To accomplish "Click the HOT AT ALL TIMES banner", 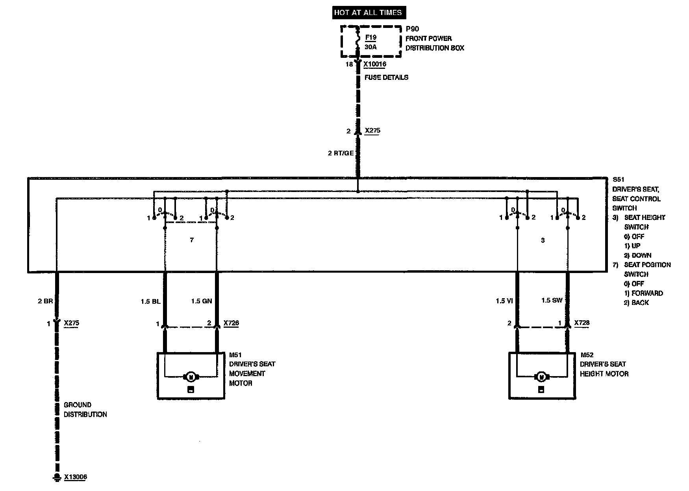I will click(x=368, y=13).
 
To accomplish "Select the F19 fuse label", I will click(x=370, y=38).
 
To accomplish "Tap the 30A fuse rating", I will click(x=370, y=47).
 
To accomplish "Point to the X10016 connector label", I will click(x=374, y=64).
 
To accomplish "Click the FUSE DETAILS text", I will click(x=386, y=78).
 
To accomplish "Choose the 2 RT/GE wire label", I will click(x=341, y=153).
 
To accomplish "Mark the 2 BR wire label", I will click(x=45, y=301).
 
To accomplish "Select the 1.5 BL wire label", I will click(x=150, y=301).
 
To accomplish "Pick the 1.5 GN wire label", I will click(x=202, y=301).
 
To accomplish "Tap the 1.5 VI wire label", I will click(x=504, y=301).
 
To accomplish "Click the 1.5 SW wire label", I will click(x=552, y=301).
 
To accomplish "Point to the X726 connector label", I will click(x=231, y=323).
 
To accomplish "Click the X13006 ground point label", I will click(x=75, y=477).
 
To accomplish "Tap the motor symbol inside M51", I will click(x=191, y=377).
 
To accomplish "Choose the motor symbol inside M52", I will click(x=542, y=377).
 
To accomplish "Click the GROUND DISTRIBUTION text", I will click(x=85, y=410).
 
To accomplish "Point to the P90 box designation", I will click(x=412, y=29).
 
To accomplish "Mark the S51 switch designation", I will click(x=619, y=180).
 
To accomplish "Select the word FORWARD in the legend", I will click(x=647, y=293).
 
